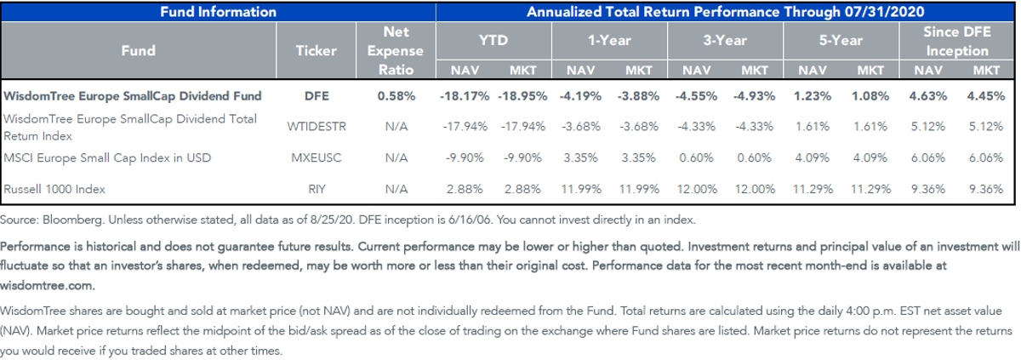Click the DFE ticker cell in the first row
[317, 96]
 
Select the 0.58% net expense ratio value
[396, 96]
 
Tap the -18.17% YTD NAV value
[465, 96]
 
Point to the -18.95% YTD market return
[522, 96]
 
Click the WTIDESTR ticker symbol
[317, 126]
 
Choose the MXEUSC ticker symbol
[317, 157]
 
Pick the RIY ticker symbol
[317, 189]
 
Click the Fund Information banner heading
[219, 12]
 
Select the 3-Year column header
[725, 41]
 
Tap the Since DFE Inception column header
[956, 41]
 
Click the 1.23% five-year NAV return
[813, 96]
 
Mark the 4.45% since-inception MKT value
[986, 96]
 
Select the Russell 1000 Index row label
[54, 189]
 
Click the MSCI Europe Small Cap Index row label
[107, 158]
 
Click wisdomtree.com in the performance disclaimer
[48, 286]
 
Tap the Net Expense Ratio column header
[396, 50]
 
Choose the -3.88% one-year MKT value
[638, 96]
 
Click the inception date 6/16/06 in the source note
[470, 220]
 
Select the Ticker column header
[316, 50]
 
